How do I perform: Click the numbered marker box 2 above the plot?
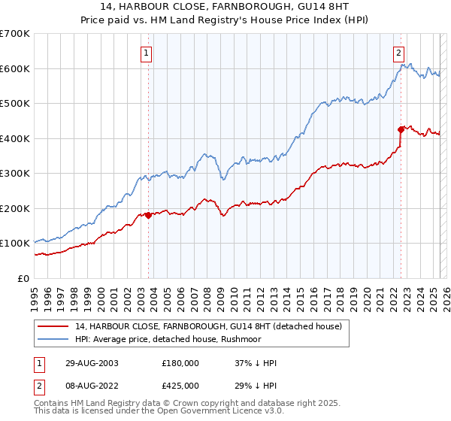point(398,53)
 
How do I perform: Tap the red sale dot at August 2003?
point(148,215)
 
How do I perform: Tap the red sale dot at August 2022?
point(401,129)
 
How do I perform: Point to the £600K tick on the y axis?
point(15,68)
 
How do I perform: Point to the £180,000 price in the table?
point(180,363)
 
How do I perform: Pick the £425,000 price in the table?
point(180,386)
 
